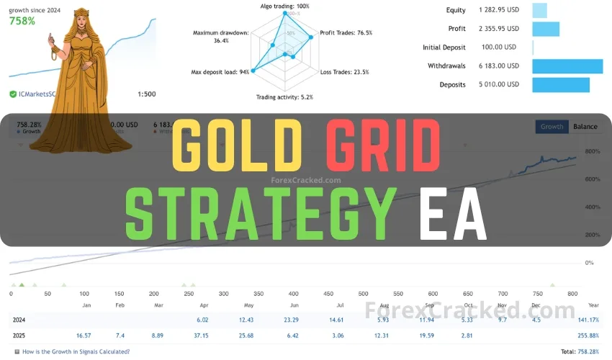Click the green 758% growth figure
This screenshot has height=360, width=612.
[x=22, y=21]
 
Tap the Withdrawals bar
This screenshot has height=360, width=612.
[x=567, y=66]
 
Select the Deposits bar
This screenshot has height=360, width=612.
[x=560, y=85]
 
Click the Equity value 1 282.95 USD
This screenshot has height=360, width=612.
[x=498, y=10]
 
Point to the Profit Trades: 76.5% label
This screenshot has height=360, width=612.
[x=346, y=33]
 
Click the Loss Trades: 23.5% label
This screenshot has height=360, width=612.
[x=344, y=72]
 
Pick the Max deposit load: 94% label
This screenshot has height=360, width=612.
[x=220, y=72]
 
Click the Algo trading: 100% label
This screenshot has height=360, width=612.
[x=284, y=6]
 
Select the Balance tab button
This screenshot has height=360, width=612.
[x=585, y=127]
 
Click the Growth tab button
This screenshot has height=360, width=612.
[x=552, y=127]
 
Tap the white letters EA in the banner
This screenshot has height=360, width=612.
[x=454, y=214]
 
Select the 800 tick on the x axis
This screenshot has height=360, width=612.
[x=572, y=294]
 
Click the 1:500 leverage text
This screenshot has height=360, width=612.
[x=147, y=94]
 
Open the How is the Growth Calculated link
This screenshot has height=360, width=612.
[x=76, y=351]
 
